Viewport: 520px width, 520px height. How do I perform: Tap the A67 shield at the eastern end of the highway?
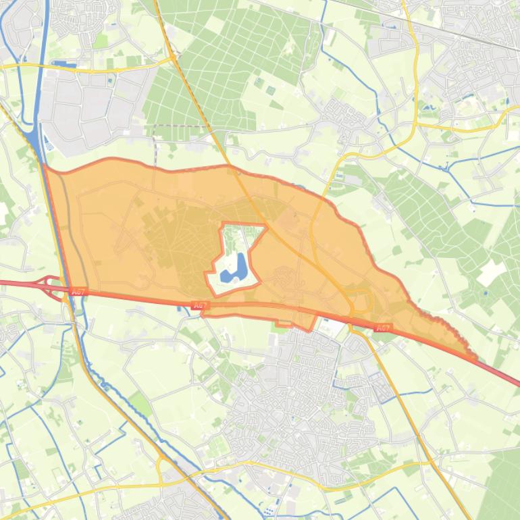(x=383, y=328)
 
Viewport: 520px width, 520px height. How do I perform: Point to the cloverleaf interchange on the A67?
(x=51, y=286)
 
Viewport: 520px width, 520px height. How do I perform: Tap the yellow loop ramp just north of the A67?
(x=363, y=301)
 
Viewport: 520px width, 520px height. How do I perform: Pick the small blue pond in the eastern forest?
(x=485, y=293)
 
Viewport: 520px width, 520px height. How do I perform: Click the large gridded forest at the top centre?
(x=223, y=68)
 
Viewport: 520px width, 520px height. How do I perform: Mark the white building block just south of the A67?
(x=332, y=328)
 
